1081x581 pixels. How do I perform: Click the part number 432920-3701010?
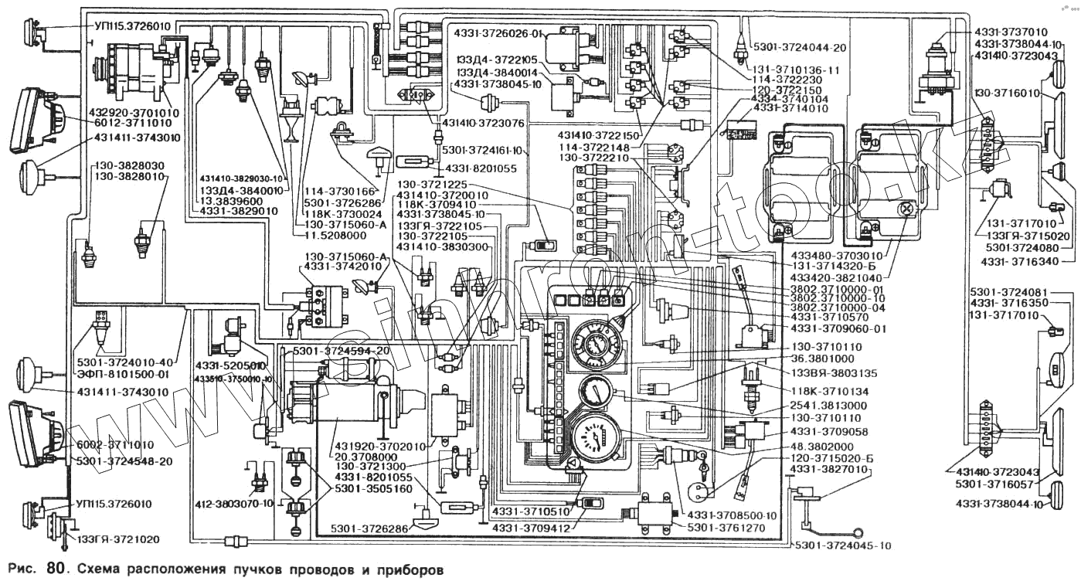(x=137, y=113)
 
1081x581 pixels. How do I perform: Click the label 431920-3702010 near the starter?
(x=379, y=447)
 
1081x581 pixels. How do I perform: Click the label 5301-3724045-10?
(x=843, y=545)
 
